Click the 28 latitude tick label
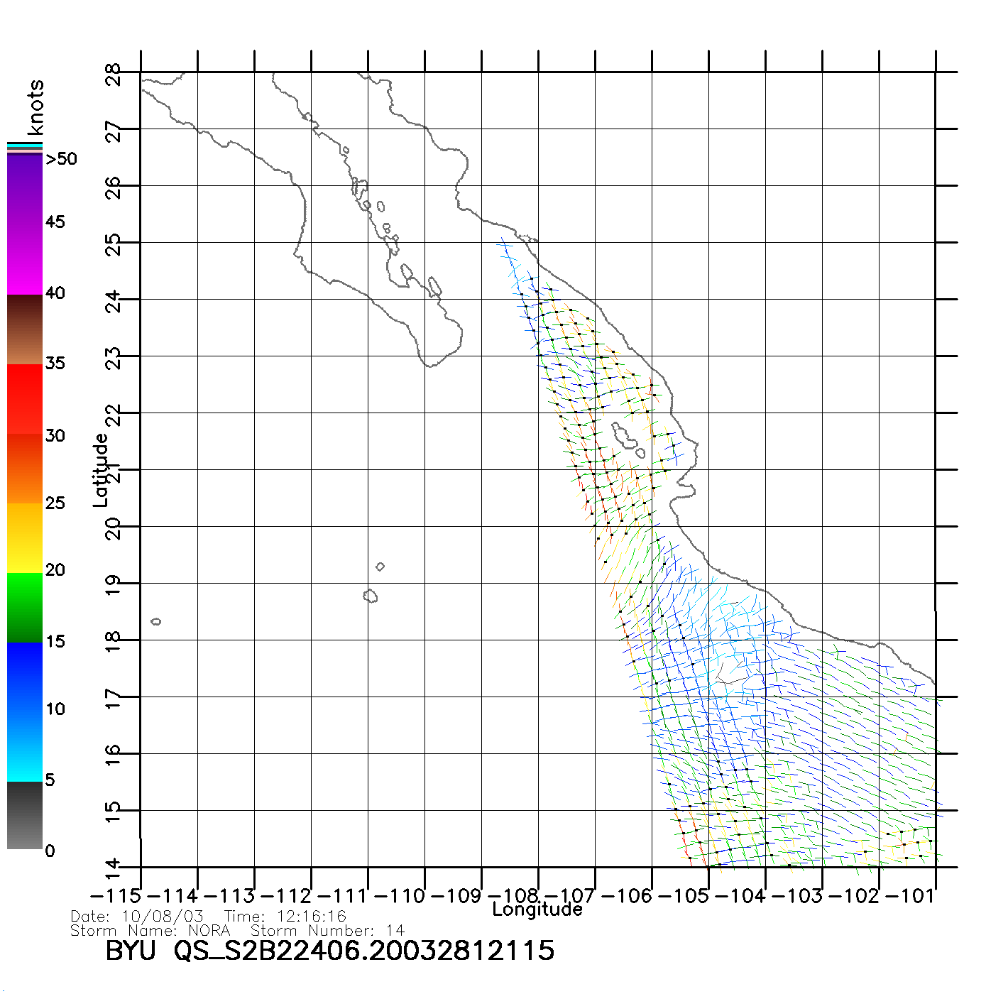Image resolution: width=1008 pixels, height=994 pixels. (x=113, y=73)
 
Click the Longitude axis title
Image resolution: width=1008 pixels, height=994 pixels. (x=537, y=910)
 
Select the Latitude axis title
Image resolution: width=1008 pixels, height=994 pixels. (x=101, y=470)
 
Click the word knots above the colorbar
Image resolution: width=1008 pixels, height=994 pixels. (x=35, y=107)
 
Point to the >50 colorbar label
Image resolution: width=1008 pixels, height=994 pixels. (x=61, y=159)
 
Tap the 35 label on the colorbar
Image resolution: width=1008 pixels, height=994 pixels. (x=55, y=364)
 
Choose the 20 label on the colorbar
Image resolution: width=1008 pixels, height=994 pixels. (x=55, y=570)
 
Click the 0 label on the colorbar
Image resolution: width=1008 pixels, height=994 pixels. (x=50, y=851)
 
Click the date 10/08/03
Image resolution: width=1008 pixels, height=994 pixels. (x=163, y=917)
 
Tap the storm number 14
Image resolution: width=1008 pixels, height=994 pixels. (x=395, y=930)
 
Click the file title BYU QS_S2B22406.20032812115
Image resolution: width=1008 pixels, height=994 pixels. (x=329, y=950)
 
